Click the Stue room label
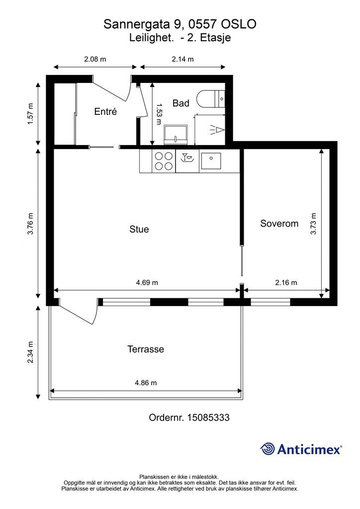pyautogui.click(x=139, y=229)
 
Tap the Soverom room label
pyautogui.click(x=279, y=223)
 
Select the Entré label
pyautogui.click(x=105, y=111)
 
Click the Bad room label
pyautogui.click(x=181, y=103)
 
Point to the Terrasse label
pyautogui.click(x=145, y=349)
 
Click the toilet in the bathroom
pyautogui.click(x=210, y=99)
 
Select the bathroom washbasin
pyautogui.click(x=176, y=135)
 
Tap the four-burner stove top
pyautogui.click(x=164, y=161)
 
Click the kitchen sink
pyautogui.click(x=211, y=161)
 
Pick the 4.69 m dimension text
pyautogui.click(x=147, y=282)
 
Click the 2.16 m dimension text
pyautogui.click(x=286, y=282)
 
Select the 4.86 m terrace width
pyautogui.click(x=146, y=383)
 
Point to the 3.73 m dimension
pyautogui.click(x=313, y=224)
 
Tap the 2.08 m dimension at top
pyautogui.click(x=95, y=59)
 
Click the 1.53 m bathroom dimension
pyautogui.click(x=159, y=114)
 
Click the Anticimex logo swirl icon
pyautogui.click(x=268, y=449)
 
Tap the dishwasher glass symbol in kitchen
pyautogui.click(x=187, y=158)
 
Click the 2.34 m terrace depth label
pyautogui.click(x=30, y=352)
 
